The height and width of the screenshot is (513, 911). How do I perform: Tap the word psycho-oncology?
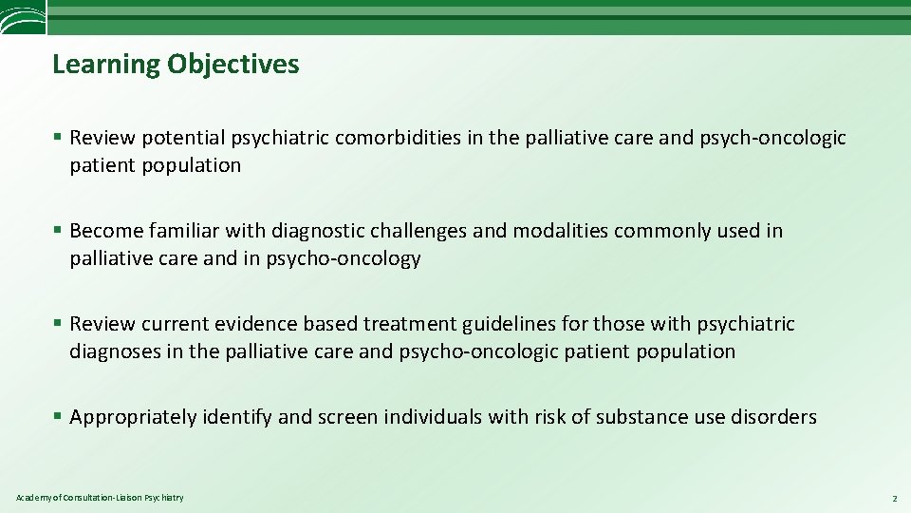click(354, 258)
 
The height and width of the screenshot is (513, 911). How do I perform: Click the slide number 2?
click(894, 498)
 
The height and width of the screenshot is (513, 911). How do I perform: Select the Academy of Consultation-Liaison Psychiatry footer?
click(100, 498)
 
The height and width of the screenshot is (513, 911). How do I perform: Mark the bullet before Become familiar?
click(58, 231)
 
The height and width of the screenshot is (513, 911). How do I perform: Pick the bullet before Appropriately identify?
click(58, 417)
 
